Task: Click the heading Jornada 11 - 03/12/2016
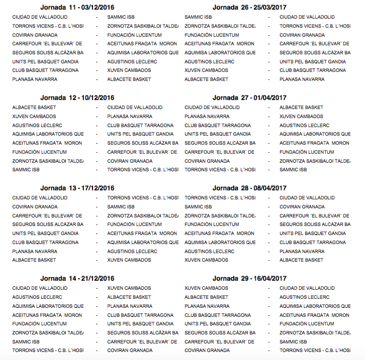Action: coord(77,7)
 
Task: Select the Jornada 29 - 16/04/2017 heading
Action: coord(249,279)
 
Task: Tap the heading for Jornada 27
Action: coord(249,98)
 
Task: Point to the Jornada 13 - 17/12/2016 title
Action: coord(77,188)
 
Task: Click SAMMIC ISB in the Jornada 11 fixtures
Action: coord(121,17)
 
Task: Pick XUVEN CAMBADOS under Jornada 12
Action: coord(34,116)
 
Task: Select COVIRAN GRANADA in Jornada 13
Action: coord(35,207)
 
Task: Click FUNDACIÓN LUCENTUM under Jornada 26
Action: coord(212,35)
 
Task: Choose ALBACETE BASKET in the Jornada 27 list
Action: coord(301,107)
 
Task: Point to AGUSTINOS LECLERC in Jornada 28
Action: coord(209,252)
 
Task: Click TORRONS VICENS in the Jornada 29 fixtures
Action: coord(315,350)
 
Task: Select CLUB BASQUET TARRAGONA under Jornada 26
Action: coord(313,70)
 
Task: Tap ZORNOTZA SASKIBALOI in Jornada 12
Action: coord(48,161)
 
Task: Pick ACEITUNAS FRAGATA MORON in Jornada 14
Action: coord(47,315)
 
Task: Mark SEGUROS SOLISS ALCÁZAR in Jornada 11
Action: coord(48,53)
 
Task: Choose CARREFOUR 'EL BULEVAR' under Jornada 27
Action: coord(219,152)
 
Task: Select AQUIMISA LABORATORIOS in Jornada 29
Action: coord(315,306)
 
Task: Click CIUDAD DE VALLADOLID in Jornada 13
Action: coord(40,198)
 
